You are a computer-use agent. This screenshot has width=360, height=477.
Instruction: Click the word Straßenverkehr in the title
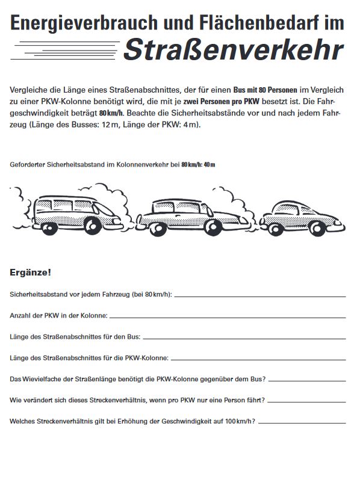pos(234,49)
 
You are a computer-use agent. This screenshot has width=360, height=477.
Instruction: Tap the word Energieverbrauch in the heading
pos(84,23)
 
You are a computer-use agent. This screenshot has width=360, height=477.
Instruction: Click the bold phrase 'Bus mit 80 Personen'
pos(265,90)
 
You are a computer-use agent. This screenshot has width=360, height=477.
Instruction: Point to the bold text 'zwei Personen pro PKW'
pos(221,101)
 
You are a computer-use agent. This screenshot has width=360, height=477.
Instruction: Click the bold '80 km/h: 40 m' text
pos(198,165)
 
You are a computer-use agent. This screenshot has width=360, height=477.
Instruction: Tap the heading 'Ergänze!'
pos(31,272)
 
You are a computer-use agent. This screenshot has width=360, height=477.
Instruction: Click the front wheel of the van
pos(93,226)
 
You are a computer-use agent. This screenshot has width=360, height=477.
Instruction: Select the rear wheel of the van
pos(49,228)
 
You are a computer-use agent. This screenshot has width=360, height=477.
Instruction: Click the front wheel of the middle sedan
pos(214,227)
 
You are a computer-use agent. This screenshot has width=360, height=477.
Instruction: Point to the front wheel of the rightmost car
pos(317,229)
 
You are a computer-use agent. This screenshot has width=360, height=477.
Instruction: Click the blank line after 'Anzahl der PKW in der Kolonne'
pos(228,318)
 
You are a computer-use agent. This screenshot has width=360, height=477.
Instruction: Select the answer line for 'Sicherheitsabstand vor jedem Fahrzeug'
pos(260,297)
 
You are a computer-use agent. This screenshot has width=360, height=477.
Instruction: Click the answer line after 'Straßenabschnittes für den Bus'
pos(244,339)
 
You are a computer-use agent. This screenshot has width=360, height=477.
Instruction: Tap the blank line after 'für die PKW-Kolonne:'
pos(258,360)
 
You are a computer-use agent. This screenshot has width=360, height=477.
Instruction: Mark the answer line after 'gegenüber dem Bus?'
pos(307,381)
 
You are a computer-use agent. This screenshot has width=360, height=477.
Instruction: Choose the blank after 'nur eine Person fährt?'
pos(306,402)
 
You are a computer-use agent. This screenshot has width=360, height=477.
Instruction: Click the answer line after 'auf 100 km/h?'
pos(302,423)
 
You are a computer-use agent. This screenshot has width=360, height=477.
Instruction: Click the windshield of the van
pos(103,209)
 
